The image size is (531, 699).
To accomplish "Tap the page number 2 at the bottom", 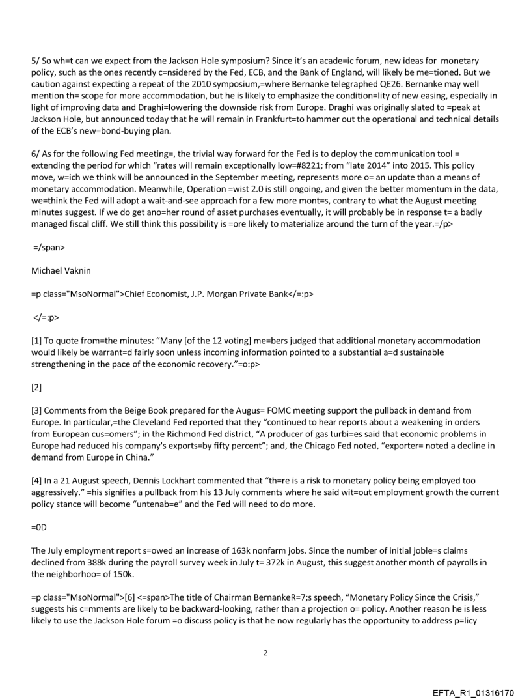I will [265, 652].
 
